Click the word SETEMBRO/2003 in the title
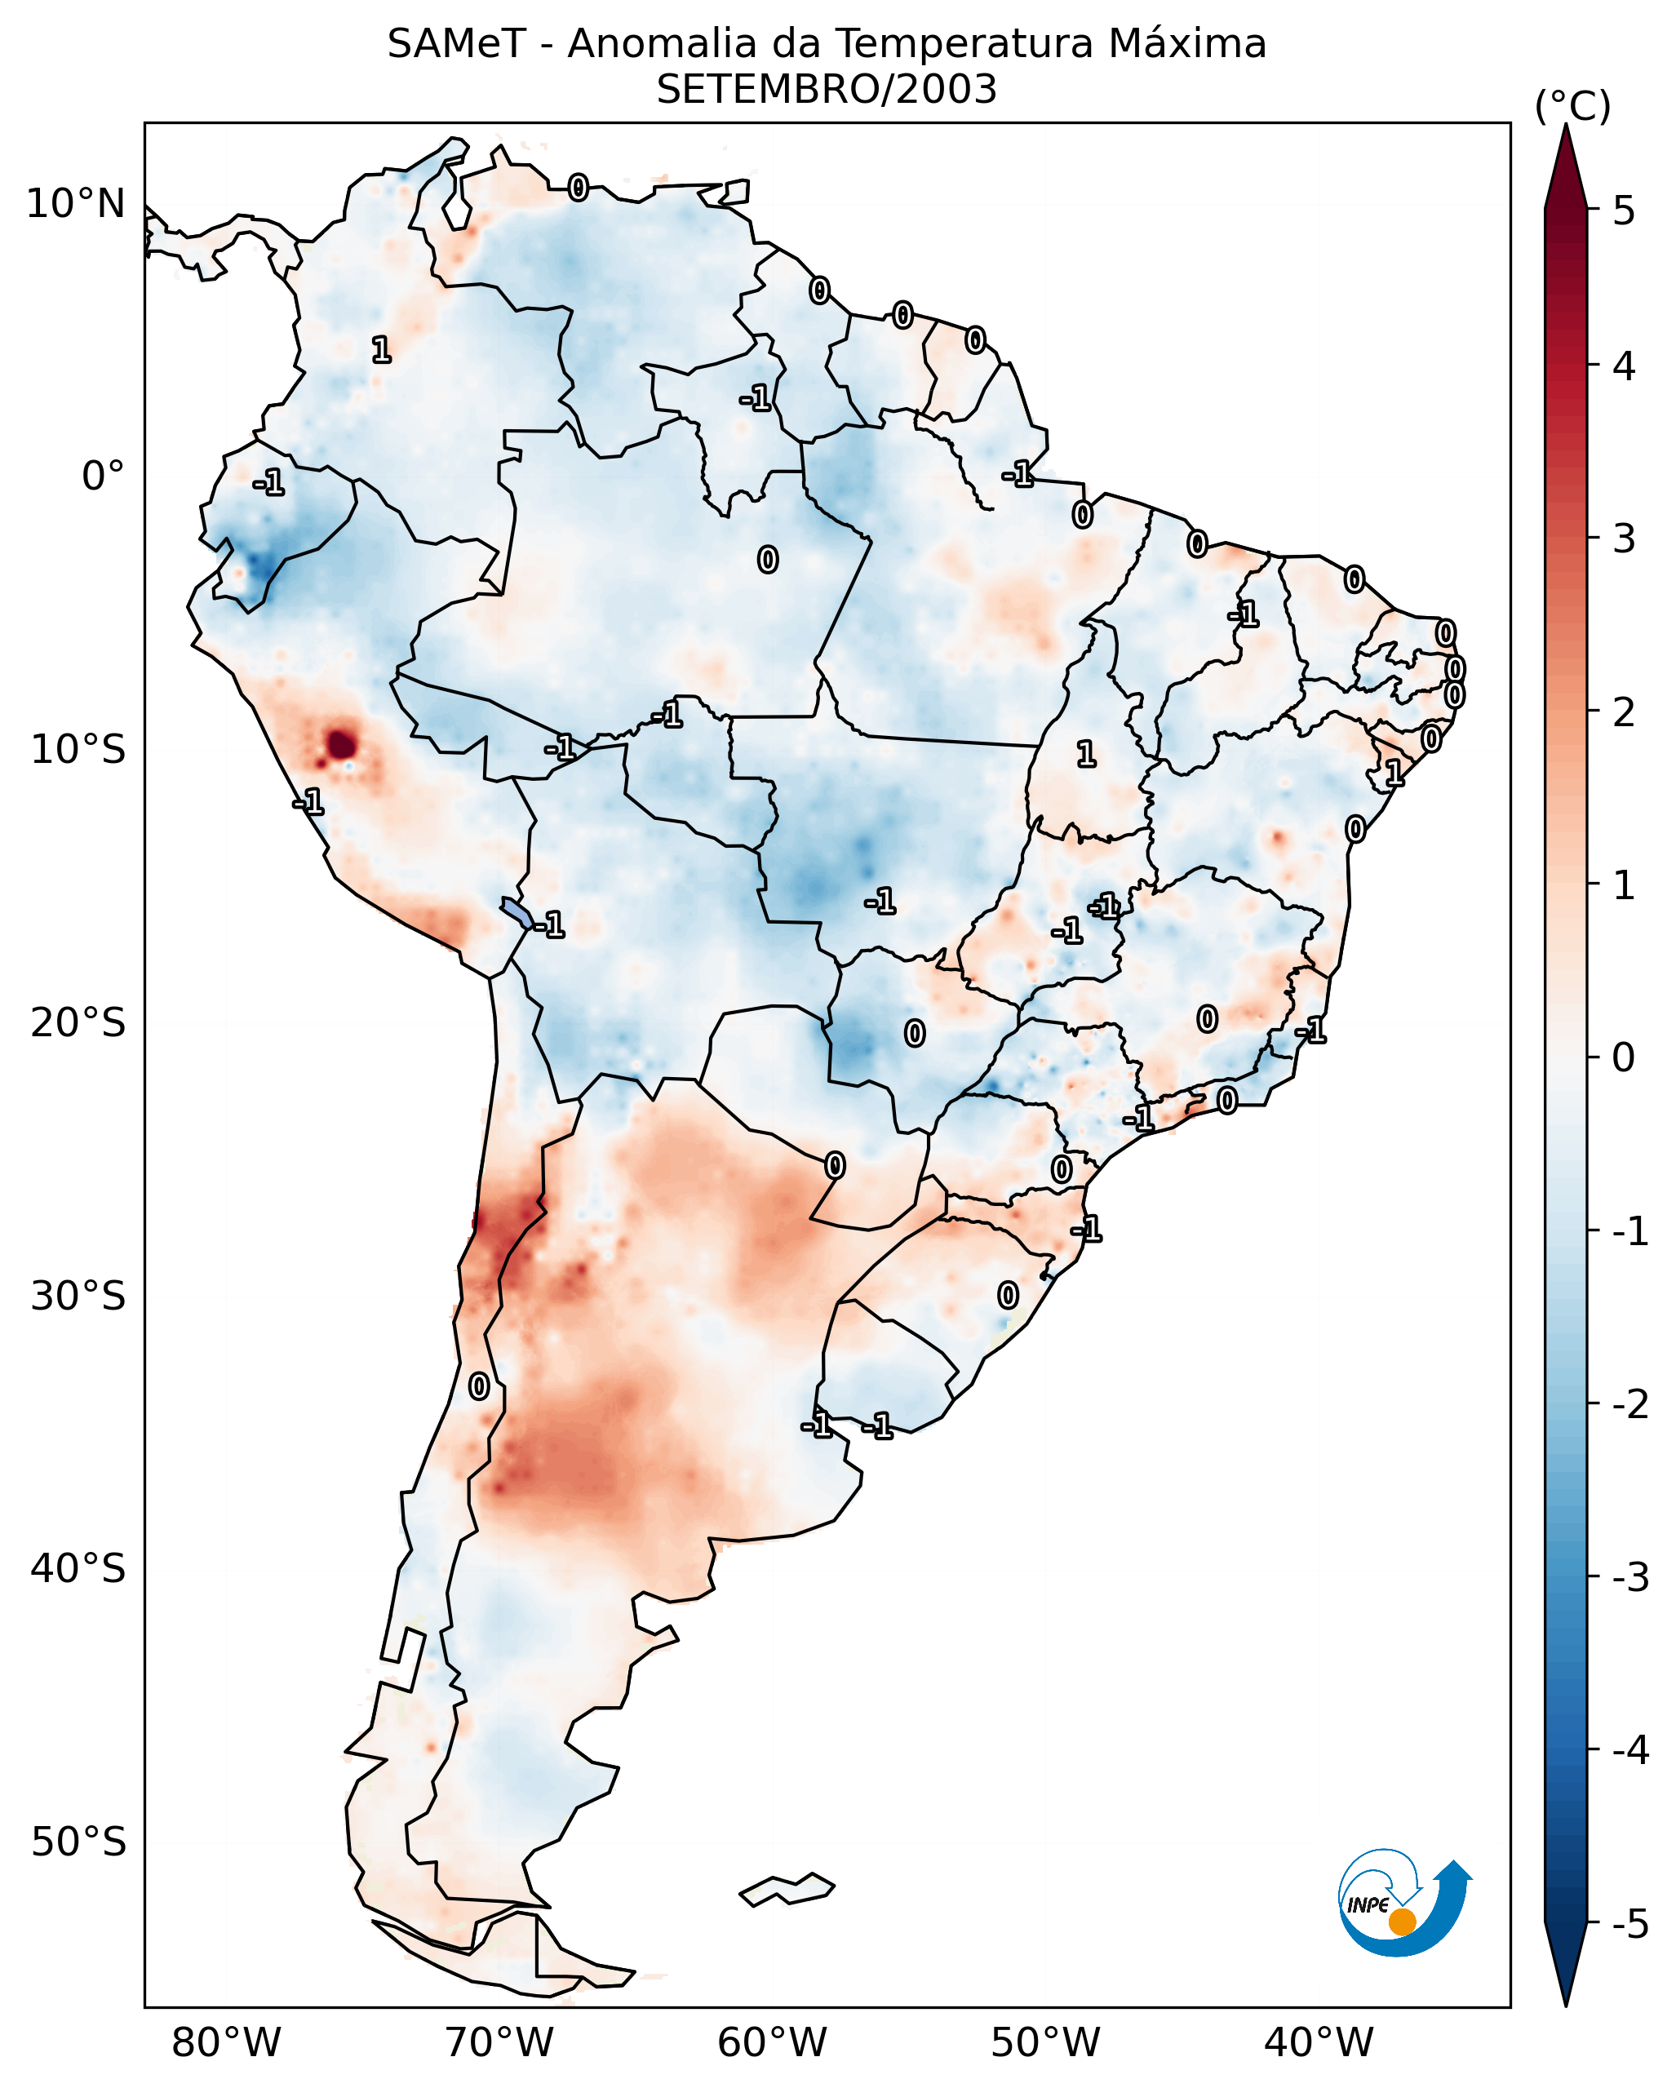coord(826,90)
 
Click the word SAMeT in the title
coord(456,45)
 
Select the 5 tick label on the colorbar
coord(1624,211)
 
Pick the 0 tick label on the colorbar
coord(1624,1057)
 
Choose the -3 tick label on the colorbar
coord(1629,1577)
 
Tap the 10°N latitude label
coord(76,204)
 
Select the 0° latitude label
coord(103,477)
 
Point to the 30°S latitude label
coord(78,1296)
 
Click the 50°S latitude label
coord(78,1842)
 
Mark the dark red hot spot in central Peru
coord(342,745)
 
